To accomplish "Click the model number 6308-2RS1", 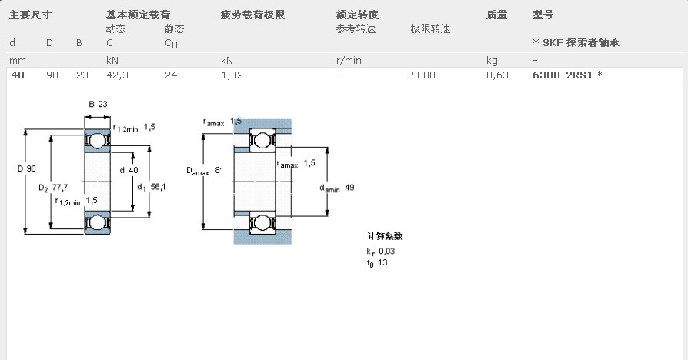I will tap(563, 75).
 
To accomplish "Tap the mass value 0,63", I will tap(497, 75).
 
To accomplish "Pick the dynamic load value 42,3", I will tap(118, 75).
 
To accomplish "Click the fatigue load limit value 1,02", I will tap(232, 75).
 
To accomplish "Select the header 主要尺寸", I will tap(30, 15).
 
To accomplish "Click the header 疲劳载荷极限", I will tap(253, 15).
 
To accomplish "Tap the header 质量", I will tap(497, 15).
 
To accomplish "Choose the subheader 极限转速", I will tap(430, 28).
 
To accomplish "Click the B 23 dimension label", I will tap(97, 105).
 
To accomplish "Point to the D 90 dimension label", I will tap(26, 169).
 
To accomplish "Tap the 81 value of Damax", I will tap(219, 171).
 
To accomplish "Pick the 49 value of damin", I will tap(349, 188).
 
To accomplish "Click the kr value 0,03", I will tap(386, 252).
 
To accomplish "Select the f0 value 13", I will tap(382, 263).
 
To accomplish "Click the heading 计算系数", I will tap(385, 237).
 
